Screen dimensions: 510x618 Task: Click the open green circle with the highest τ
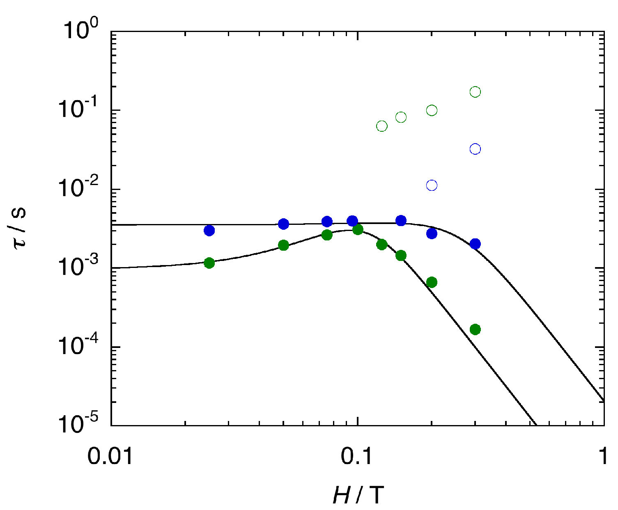click(x=475, y=92)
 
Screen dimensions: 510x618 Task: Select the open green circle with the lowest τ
click(x=382, y=126)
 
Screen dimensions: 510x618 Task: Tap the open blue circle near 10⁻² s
click(x=432, y=185)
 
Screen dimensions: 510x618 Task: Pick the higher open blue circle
click(x=475, y=149)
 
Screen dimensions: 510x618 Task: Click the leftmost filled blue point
click(x=209, y=231)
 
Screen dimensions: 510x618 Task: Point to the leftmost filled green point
click(x=209, y=263)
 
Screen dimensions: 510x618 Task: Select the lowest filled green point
click(x=475, y=329)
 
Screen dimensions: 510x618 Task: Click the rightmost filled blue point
click(x=475, y=244)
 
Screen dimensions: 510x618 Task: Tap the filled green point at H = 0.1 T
click(x=358, y=229)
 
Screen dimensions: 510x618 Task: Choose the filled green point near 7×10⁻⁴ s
click(x=432, y=282)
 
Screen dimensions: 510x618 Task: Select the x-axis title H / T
click(x=358, y=495)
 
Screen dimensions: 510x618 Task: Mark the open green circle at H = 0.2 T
click(x=432, y=110)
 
